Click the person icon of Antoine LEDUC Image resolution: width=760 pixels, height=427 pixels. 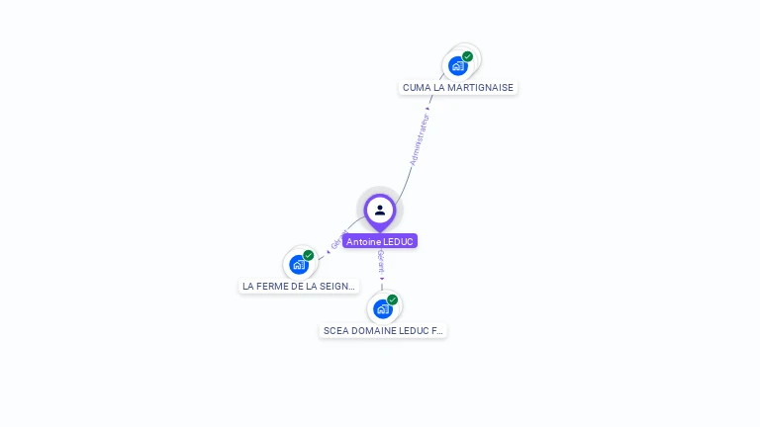(380, 210)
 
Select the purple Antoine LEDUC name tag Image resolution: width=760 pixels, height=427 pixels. (380, 241)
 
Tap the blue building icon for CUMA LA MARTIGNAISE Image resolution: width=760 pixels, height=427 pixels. (457, 66)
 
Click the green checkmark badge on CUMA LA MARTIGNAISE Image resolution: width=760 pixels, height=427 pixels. (468, 56)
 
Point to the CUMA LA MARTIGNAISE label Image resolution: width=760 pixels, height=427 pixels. (458, 87)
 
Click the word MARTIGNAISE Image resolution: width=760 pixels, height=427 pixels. (481, 87)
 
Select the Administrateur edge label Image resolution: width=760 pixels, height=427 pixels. (420, 139)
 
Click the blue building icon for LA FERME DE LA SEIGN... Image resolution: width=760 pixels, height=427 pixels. (298, 265)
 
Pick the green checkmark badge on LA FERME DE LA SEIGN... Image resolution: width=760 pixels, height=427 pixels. (309, 255)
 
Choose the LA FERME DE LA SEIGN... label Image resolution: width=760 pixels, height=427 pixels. (299, 286)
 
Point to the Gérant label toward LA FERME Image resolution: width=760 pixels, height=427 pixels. (338, 240)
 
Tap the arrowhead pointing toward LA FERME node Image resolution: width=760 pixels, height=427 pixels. (328, 253)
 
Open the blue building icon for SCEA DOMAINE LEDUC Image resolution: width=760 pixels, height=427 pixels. (382, 309)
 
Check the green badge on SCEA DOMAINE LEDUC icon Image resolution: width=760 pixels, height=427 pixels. (393, 299)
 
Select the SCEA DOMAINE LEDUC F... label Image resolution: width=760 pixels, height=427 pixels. (383, 330)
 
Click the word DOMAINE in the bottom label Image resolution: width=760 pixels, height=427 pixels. (375, 330)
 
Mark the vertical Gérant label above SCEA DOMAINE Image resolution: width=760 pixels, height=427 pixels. (381, 261)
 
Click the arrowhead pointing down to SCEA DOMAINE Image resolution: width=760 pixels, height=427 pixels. (382, 279)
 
